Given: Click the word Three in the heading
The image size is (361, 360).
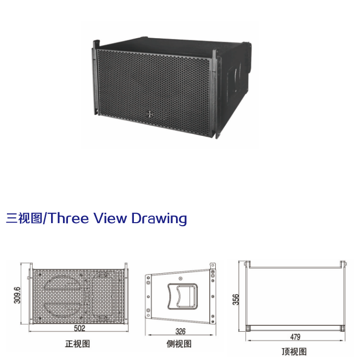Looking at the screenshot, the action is coord(68,218).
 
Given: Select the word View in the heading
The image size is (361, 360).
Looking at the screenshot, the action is coord(110,218).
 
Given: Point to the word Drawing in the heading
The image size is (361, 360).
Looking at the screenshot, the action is coord(159,219).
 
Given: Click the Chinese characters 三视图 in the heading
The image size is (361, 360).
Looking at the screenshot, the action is coord(24,218).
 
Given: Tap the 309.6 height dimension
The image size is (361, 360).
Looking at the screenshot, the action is coord(17,295).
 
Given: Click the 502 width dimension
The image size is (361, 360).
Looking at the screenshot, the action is coord(79,328).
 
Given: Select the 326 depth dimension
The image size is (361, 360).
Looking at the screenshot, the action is coord(180,331).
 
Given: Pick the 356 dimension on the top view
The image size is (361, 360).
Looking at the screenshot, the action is coord(236,299).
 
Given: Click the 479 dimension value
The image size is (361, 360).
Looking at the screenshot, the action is coord(295,337).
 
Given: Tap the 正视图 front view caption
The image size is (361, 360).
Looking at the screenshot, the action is coord(77,344).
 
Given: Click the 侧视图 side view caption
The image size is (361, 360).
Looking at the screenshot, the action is coord(179,344).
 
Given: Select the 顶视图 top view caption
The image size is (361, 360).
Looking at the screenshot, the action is coord(294,352).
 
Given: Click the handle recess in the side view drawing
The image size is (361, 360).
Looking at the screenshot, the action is coord(182,296).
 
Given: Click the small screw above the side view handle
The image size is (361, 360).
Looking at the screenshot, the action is coord(180,279).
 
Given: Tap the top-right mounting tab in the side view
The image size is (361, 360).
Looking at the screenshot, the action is coord(213,266).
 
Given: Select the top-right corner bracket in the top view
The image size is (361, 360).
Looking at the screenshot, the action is coord(343,264).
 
